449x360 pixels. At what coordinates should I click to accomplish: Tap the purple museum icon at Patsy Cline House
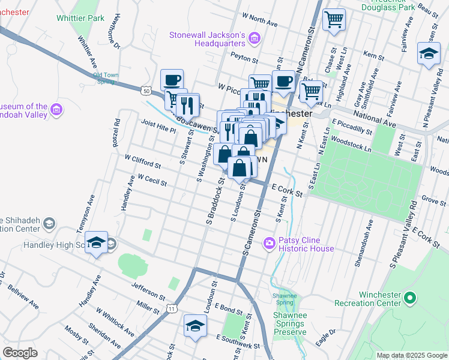point(270,243)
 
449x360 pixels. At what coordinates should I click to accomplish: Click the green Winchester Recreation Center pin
point(410,297)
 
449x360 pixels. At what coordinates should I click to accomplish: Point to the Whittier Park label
point(80,18)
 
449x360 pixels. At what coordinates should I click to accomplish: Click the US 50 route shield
point(146,90)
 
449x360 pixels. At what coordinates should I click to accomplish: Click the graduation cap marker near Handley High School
point(96,242)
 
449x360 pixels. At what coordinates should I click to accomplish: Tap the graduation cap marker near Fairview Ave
point(429,54)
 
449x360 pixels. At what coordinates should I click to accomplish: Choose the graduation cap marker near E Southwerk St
point(195,326)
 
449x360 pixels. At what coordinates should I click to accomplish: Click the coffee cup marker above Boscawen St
point(172,79)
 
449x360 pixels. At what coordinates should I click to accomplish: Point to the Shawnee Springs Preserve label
point(290,323)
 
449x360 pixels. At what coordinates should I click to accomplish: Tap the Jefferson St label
point(148,292)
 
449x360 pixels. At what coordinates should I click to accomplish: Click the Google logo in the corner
point(20,353)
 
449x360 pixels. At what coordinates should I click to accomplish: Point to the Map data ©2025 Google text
point(411,355)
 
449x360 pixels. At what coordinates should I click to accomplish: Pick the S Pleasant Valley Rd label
point(403,234)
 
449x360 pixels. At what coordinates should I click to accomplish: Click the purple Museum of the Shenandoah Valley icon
point(56,109)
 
